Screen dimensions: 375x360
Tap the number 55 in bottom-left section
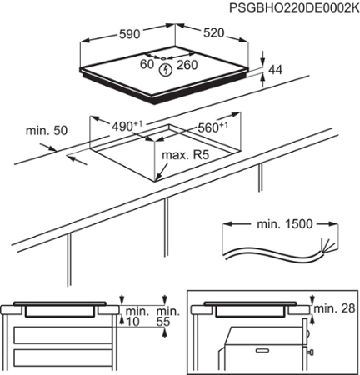tap(164, 319)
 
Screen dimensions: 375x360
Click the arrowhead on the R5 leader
tap(159, 175)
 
